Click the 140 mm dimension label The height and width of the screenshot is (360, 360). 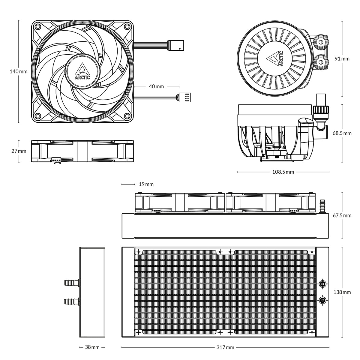(x=18, y=72)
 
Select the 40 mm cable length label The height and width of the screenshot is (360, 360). (x=156, y=86)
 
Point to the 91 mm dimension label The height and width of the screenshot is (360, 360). (x=342, y=59)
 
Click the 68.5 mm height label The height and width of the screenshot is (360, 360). (x=342, y=133)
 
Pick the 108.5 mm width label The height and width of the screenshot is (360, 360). (x=283, y=172)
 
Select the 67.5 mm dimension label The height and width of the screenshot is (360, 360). (x=342, y=215)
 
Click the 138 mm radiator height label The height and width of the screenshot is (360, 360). (x=342, y=292)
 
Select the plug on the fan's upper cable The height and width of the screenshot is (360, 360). (x=176, y=45)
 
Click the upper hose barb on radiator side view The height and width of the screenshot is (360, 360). (x=71, y=282)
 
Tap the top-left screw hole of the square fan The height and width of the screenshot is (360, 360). (x=38, y=27)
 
